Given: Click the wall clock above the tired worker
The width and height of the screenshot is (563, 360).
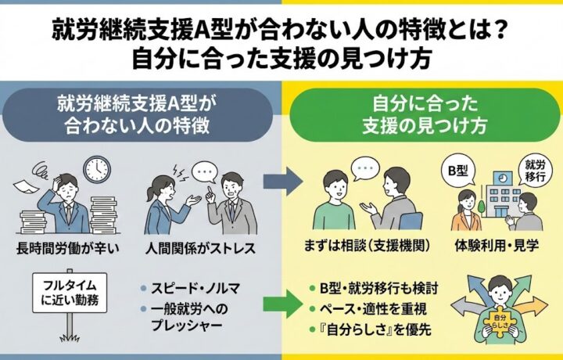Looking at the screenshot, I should tap(97, 167).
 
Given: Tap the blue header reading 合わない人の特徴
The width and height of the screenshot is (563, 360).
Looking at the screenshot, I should tap(140, 113).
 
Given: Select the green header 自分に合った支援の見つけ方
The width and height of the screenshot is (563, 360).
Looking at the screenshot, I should tap(421, 113).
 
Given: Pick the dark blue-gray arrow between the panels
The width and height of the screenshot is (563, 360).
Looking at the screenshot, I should tap(282, 182).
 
